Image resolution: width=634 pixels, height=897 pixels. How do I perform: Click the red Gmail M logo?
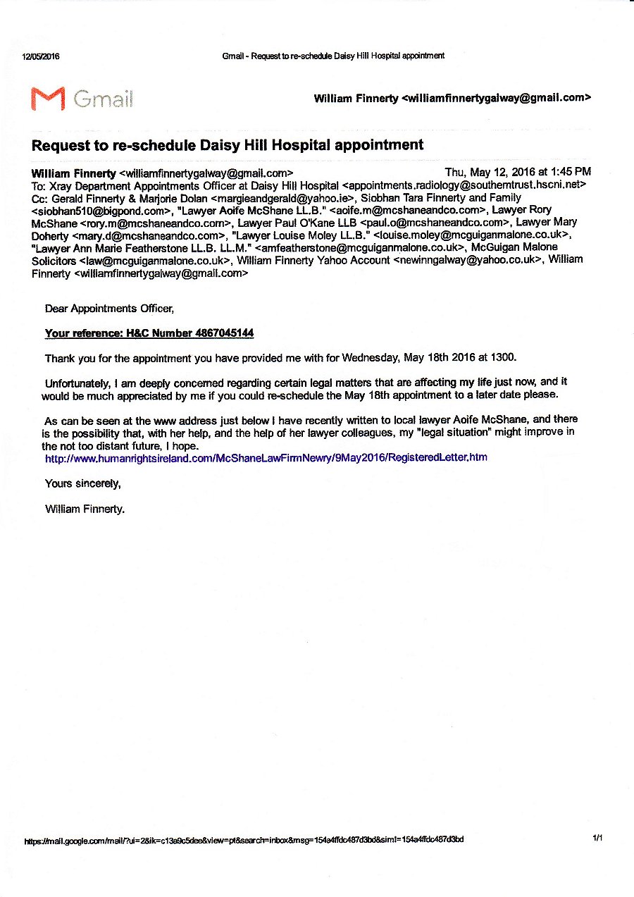click(48, 98)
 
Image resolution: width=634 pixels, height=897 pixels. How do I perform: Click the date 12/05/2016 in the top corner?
click(42, 57)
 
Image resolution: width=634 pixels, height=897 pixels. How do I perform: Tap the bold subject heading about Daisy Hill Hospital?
click(228, 145)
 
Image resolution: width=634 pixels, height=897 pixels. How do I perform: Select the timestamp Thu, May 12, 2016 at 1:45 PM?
click(518, 172)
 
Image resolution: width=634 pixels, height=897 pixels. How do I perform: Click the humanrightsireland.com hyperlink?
click(266, 457)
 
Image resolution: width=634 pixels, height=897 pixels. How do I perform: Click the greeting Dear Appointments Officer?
click(109, 308)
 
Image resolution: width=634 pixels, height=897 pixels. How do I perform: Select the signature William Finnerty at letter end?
click(85, 508)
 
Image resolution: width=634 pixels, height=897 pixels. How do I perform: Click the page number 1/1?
click(597, 838)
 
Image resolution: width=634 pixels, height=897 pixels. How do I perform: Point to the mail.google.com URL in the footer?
click(244, 840)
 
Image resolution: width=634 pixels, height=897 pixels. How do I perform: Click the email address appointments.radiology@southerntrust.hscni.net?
click(464, 185)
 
